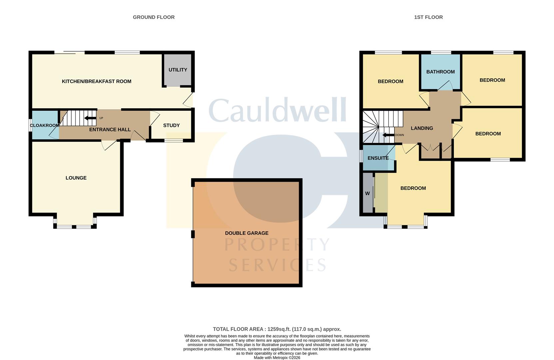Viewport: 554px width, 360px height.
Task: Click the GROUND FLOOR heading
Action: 154,17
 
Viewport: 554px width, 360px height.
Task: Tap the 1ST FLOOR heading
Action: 428,17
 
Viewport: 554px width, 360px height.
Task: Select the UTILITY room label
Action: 178,70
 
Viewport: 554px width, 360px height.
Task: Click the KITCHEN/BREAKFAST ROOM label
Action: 97,81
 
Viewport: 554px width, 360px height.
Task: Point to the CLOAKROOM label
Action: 45,125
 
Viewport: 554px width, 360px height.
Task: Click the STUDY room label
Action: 171,125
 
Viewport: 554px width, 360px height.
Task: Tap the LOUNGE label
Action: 76,178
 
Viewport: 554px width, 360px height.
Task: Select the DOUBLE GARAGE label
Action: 247,233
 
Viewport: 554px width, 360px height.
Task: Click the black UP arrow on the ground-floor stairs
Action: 90,118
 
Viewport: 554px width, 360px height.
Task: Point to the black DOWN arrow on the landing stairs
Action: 388,135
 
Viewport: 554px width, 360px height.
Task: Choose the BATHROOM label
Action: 440,72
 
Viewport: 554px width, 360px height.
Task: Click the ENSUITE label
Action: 378,158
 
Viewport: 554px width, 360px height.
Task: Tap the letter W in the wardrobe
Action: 367,193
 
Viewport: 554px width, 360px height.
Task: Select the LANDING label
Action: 422,128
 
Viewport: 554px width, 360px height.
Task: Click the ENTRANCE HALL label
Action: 110,130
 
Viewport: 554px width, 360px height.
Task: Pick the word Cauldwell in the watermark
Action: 277,110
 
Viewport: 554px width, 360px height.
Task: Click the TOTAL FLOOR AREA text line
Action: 277,329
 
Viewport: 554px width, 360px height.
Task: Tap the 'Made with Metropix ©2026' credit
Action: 277,358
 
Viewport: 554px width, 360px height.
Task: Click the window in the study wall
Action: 174,141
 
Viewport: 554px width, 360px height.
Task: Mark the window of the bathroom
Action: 441,52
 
